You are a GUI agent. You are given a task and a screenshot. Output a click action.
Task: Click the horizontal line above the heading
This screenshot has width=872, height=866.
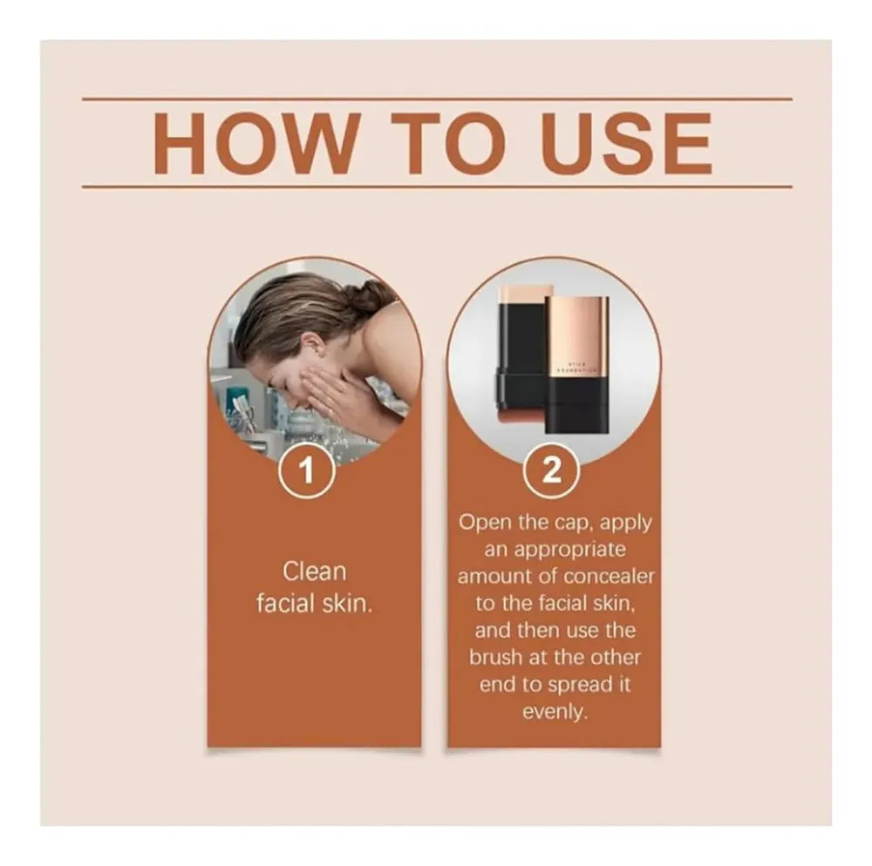(x=436, y=99)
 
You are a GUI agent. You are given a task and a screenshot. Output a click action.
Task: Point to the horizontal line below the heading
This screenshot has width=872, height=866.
(x=436, y=186)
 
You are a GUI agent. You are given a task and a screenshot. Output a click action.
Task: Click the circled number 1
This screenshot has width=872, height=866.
(x=306, y=471)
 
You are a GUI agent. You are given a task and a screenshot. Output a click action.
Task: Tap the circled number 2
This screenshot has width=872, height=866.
(x=552, y=471)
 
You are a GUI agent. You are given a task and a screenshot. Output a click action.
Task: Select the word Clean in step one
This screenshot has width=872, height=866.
(x=314, y=572)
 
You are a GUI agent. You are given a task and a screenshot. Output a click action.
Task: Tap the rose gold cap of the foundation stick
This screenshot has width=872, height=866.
(x=577, y=335)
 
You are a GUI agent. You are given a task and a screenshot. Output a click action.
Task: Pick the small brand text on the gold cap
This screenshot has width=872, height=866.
(x=577, y=365)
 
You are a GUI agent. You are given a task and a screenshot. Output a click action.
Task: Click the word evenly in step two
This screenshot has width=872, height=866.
(x=554, y=712)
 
